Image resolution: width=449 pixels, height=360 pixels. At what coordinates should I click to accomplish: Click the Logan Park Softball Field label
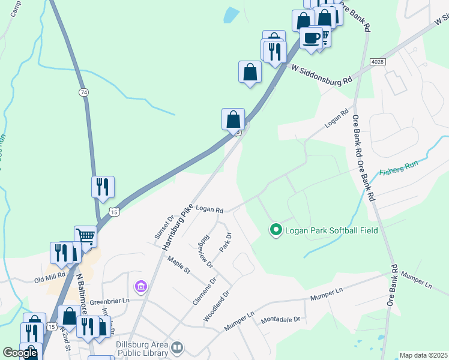(x=331, y=230)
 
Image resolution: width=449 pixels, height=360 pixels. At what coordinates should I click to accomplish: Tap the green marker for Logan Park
(x=276, y=230)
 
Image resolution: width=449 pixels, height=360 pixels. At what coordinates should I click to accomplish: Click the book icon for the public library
(x=177, y=347)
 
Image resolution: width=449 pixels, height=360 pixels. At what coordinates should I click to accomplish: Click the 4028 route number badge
(x=378, y=62)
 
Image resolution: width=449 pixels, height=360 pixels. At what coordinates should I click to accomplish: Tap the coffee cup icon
(x=311, y=38)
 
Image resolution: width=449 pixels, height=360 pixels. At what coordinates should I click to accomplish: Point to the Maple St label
(x=179, y=265)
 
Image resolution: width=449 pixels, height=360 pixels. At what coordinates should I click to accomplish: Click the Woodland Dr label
(x=217, y=307)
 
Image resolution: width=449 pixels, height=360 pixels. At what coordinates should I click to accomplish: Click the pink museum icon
(x=141, y=287)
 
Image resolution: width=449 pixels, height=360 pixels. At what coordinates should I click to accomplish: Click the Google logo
(x=20, y=353)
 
